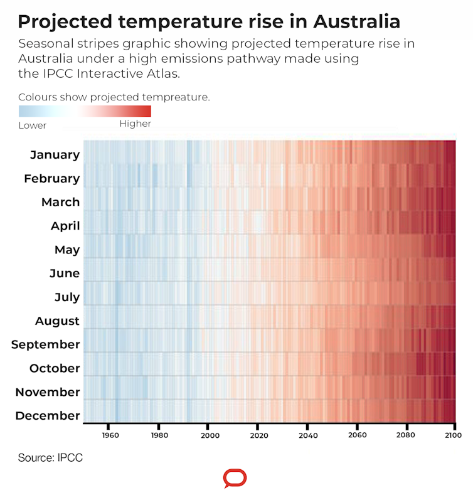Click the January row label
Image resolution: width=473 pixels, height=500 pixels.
pos(55,155)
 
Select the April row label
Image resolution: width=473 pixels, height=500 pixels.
pos(65,226)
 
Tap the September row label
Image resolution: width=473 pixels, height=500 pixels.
pos(45,344)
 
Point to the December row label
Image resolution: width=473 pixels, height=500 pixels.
pos(48,415)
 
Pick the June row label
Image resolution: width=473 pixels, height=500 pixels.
pos(65,274)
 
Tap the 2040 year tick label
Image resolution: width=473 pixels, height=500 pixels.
pos(307,435)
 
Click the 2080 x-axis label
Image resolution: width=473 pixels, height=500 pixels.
pos(406,435)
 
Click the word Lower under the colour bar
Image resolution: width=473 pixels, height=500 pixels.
pos(33,125)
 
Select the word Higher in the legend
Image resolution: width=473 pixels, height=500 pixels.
pos(135,124)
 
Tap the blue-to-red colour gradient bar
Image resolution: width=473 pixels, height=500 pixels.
pos(85,111)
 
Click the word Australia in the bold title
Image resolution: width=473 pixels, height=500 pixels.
pos(356,22)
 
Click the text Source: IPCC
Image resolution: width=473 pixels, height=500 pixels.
pos(50,458)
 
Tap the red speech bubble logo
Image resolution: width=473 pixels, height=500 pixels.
pos(235,479)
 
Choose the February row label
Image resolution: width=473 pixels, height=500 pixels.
pos(52,179)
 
